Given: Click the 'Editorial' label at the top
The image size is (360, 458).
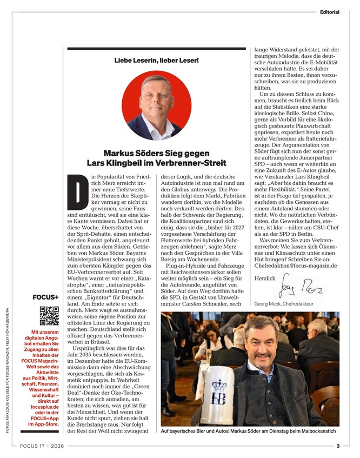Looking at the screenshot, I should (x=329, y=12).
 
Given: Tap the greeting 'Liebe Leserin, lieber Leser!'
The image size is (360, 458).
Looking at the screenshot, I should (x=156, y=60).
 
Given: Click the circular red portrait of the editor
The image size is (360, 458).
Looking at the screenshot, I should (x=156, y=106).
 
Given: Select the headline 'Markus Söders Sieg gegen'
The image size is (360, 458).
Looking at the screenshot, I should (x=156, y=153).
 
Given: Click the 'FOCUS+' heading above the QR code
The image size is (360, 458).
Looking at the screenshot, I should (x=46, y=297).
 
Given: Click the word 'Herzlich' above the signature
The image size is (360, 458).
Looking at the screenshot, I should (x=264, y=278).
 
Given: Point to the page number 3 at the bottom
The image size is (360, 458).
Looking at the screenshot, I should (x=337, y=446).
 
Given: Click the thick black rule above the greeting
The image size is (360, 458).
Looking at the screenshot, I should (x=156, y=49).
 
